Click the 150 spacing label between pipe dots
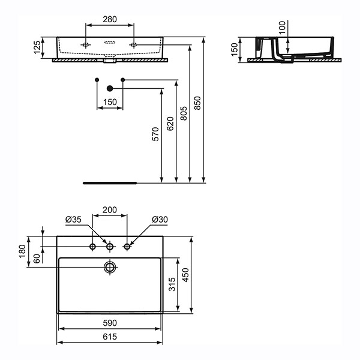pos(110,103)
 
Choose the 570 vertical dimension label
pos(155,134)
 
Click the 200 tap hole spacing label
pos(110,210)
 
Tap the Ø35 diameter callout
pos(73,220)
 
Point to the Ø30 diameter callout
pos(160,220)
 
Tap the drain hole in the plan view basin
pos(110,266)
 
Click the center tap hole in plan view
pos(110,247)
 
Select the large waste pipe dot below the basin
pos(110,88)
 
